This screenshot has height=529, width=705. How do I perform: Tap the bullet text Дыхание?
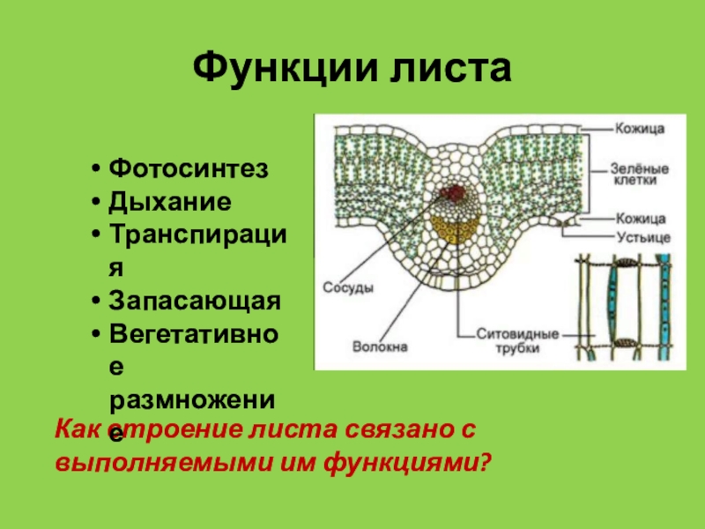[170, 201]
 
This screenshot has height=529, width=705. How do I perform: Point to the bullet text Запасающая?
[195, 301]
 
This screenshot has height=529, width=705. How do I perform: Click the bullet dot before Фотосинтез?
[95, 168]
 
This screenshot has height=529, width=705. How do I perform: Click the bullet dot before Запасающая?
[95, 302]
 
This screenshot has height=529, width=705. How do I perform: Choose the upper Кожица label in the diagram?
[640, 129]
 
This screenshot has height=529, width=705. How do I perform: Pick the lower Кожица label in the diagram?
[641, 218]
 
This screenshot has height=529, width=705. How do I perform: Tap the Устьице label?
[642, 237]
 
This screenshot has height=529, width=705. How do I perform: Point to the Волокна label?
[379, 347]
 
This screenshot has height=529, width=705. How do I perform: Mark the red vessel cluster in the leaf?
[453, 193]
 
